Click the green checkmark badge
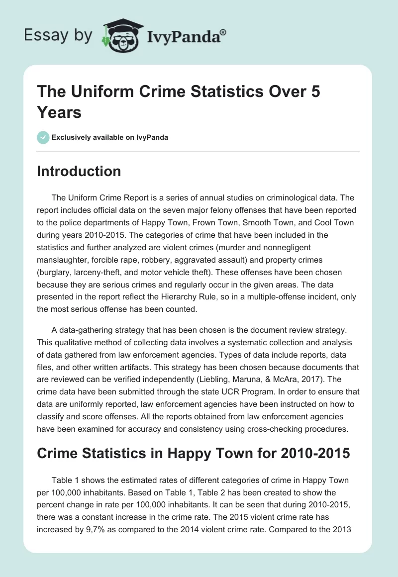pos(43,137)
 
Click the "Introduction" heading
pos(79,171)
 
